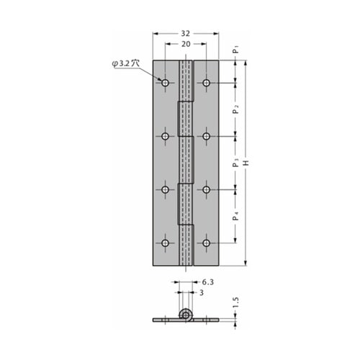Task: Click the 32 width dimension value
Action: [185, 33]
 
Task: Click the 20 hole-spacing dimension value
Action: [186, 44]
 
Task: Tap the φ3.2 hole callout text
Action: [125, 63]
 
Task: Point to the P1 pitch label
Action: [236, 50]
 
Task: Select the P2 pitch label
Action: [236, 109]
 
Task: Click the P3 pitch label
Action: [236, 163]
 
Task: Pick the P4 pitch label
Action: [236, 216]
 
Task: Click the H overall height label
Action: [246, 163]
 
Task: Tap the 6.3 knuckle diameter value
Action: [207, 282]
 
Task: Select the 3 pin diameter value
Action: [202, 292]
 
